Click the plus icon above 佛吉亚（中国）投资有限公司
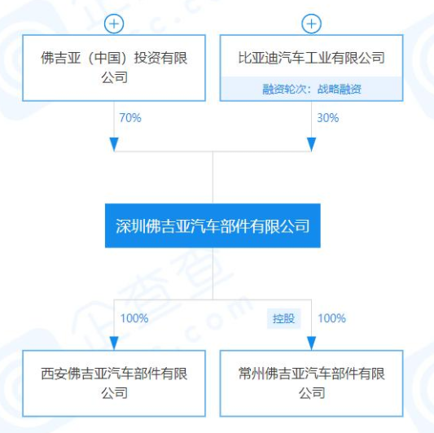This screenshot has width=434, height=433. coord(114,24)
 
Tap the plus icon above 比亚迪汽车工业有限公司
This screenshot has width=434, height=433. coord(311,24)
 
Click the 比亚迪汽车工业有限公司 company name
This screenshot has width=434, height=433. coord(311,58)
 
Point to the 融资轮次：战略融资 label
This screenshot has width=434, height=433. coord(312,89)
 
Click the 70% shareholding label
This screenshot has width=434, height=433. coord(130,118)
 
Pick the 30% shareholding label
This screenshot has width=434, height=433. coord(327,118)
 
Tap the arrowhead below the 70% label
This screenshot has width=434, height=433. coord(114,144)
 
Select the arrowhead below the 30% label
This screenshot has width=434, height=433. coord(311,144)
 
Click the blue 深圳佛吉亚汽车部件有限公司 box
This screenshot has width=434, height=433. coord(213,225)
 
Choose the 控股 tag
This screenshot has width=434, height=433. coord(283,318)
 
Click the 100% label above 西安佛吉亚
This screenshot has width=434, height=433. coord(134,318)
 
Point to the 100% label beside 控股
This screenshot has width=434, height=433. coord(331,318)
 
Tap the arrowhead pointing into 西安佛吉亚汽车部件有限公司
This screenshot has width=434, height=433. coord(114,343)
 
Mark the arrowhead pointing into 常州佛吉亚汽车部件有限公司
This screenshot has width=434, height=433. coord(311,343)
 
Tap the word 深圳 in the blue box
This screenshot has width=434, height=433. coord(130,226)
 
